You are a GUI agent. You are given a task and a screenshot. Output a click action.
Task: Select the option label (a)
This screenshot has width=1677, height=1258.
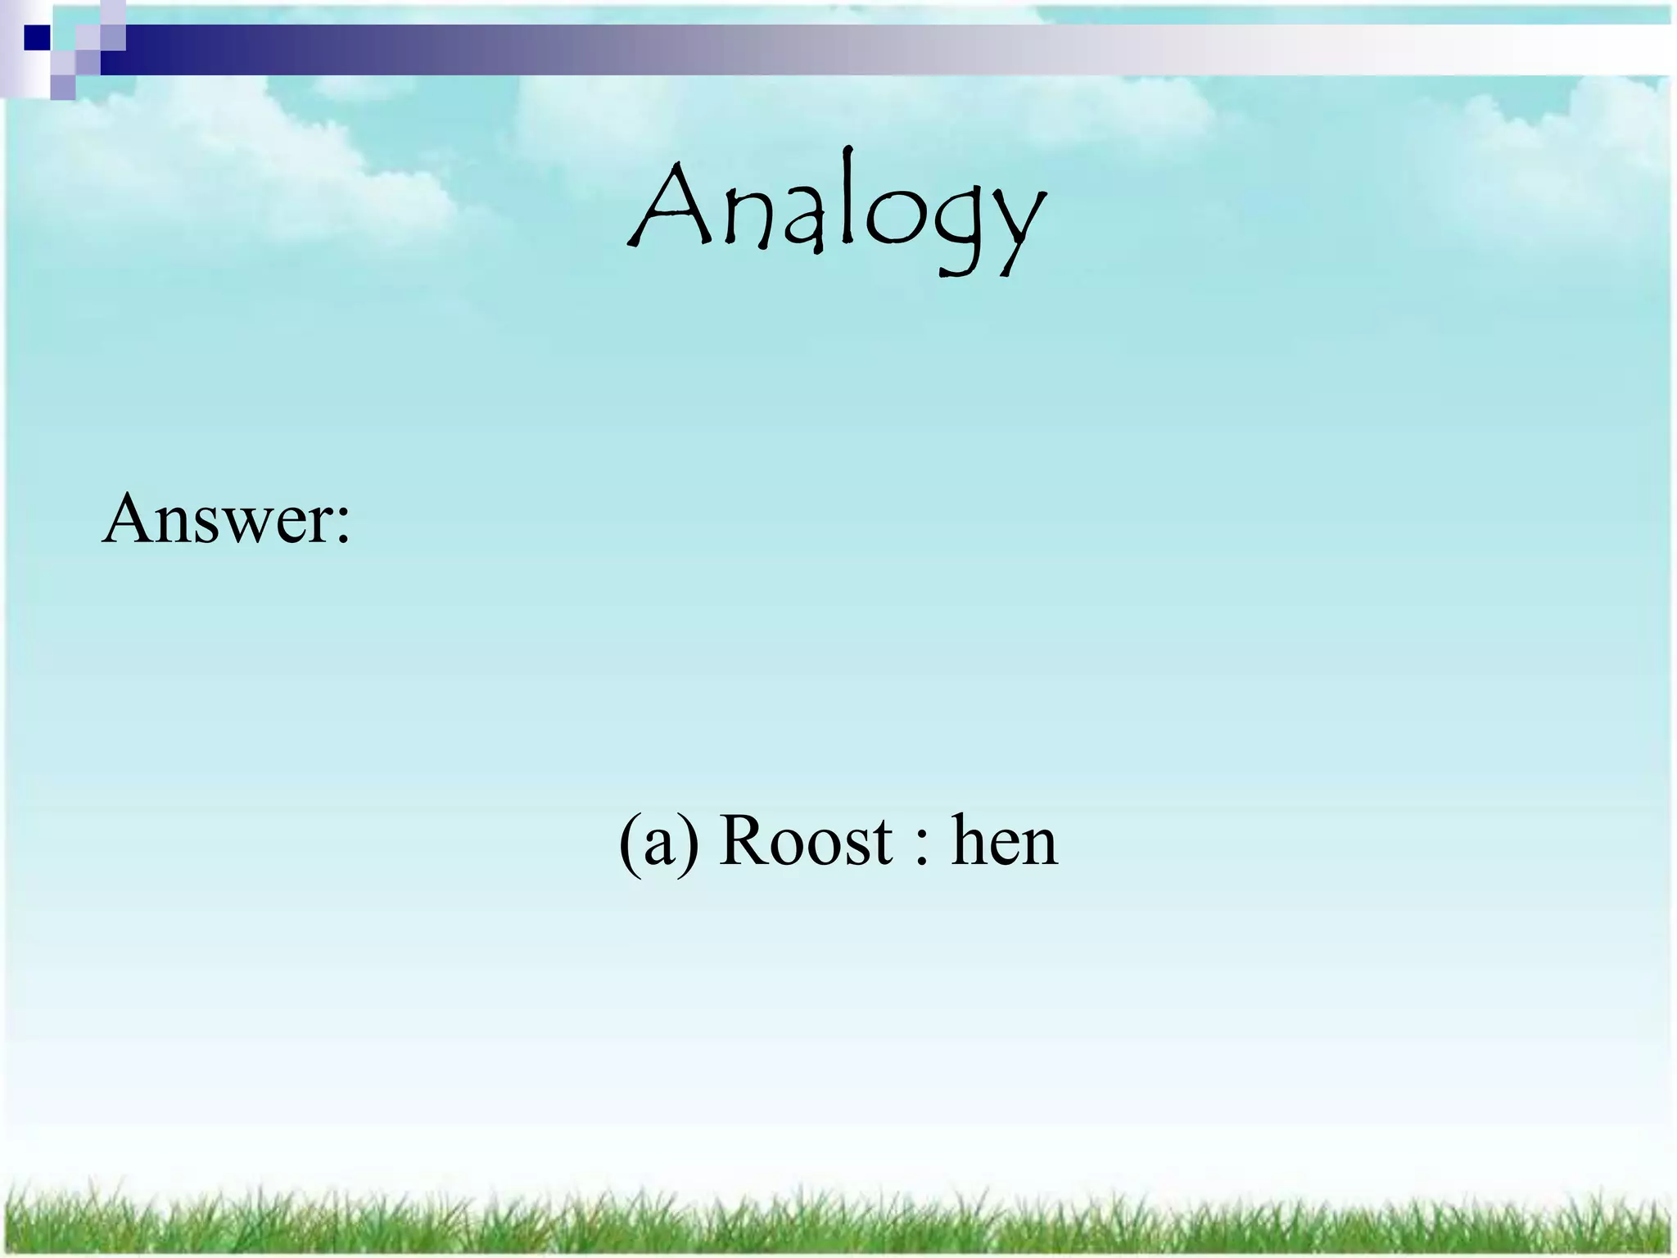[x=659, y=842]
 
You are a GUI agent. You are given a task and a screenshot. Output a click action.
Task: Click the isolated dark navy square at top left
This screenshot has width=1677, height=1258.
[x=37, y=38]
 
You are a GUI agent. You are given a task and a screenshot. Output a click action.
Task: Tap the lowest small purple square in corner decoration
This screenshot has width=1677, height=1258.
[x=63, y=87]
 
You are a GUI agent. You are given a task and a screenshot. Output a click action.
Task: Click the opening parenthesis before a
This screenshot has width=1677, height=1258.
[x=629, y=844]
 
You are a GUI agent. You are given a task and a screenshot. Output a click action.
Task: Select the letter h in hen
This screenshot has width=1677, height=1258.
[x=970, y=840]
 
